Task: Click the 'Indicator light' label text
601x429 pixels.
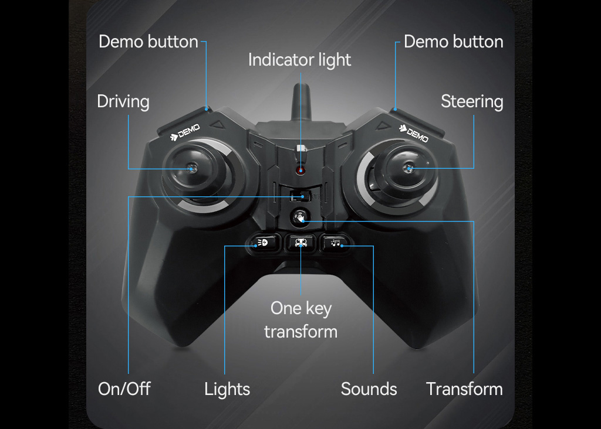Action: pyautogui.click(x=299, y=60)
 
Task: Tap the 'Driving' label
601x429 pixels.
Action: pyautogui.click(x=123, y=101)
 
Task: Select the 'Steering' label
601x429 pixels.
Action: pyautogui.click(x=472, y=101)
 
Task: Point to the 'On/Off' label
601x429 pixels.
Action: pyautogui.click(x=124, y=389)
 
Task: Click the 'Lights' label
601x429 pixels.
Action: pyautogui.click(x=227, y=389)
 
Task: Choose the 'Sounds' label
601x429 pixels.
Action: pyautogui.click(x=369, y=389)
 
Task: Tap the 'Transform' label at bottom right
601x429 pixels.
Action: pyautogui.click(x=464, y=389)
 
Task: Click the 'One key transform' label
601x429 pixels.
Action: pyautogui.click(x=300, y=320)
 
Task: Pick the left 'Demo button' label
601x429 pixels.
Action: pyautogui.click(x=148, y=42)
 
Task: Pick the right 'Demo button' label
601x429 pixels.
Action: pyautogui.click(x=454, y=42)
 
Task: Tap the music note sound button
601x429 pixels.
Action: pyautogui.click(x=336, y=242)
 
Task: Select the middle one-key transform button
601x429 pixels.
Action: pyautogui.click(x=300, y=242)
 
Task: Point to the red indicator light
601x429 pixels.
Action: pyautogui.click(x=300, y=171)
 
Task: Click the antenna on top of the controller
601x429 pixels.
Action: pyautogui.click(x=301, y=103)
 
